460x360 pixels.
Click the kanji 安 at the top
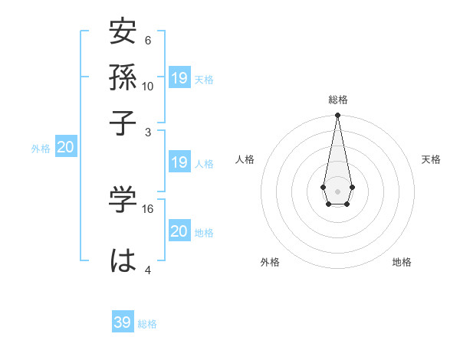point(123,33)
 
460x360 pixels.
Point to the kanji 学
point(123,201)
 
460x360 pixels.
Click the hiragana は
point(123,260)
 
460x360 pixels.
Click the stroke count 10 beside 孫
point(148,86)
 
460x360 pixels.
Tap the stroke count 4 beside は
point(148,269)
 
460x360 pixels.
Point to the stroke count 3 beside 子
point(148,132)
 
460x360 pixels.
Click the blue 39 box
point(122,322)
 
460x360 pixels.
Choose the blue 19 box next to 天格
point(179,77)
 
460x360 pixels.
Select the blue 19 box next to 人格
point(179,162)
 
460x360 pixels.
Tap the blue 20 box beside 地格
point(179,231)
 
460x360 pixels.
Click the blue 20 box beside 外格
point(65,148)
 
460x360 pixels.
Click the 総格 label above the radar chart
point(337,100)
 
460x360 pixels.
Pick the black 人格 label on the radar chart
point(245,159)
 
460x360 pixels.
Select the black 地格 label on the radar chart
point(402,262)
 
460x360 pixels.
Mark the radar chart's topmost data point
point(337,115)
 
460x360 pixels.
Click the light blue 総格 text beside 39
point(147,324)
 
